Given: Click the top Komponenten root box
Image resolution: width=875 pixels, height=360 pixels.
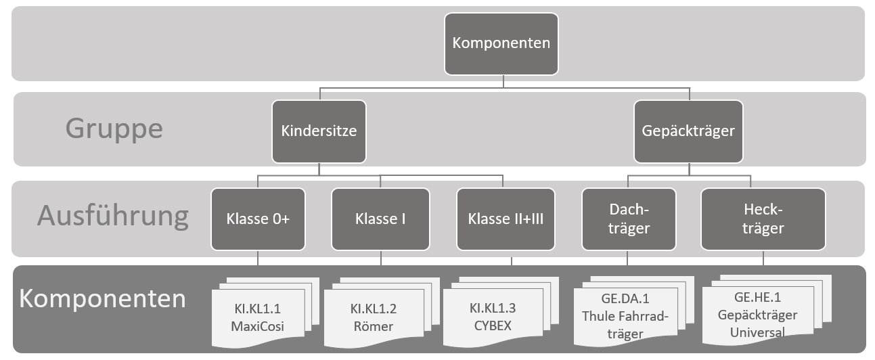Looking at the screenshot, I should coord(501,43).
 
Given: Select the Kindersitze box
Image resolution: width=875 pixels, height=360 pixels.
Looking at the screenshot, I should coord(319,131).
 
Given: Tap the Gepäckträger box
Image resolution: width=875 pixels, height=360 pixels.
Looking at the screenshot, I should coord(688,131).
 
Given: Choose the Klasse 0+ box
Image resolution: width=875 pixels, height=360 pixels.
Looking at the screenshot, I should coord(258,219).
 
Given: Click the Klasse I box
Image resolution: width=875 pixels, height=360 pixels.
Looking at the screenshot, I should coord(380,219).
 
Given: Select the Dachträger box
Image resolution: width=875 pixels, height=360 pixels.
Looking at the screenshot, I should coord(629,219).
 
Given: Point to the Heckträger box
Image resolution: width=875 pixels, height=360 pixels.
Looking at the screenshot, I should coord(763,219).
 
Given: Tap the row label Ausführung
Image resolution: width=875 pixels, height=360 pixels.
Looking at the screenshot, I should coord(112,215).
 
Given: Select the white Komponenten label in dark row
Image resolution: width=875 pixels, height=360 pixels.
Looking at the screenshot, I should coord(102,298).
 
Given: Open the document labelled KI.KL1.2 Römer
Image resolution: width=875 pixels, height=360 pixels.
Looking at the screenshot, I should coord(373,319).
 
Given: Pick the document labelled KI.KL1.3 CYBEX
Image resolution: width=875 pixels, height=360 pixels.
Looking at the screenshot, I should coord(492,317).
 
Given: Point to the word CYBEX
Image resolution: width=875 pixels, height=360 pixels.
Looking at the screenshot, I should coord(492,325).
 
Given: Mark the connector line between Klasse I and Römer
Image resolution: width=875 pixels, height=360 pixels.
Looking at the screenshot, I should coord(380,263).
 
